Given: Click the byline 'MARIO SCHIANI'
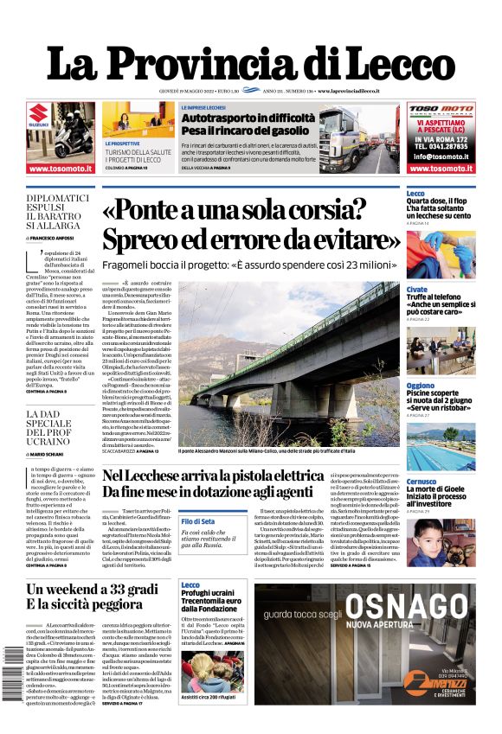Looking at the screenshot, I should tap(59, 453).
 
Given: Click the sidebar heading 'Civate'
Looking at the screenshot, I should tap(416, 290).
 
